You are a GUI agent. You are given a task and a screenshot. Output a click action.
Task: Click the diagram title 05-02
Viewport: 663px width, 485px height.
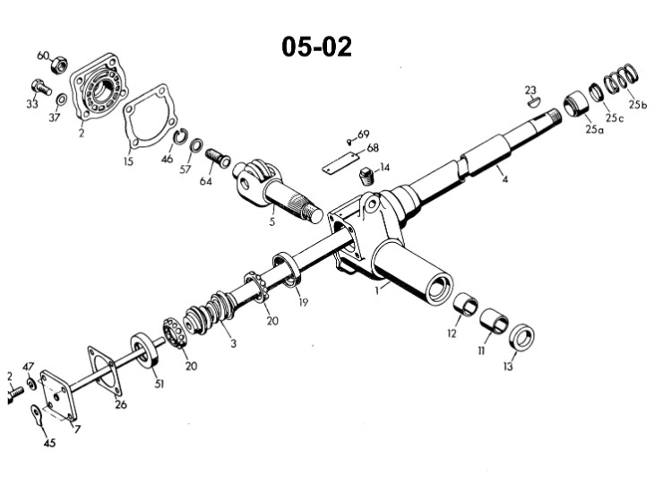coord(316,47)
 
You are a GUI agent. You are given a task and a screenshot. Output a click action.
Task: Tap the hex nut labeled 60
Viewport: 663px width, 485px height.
coord(59,65)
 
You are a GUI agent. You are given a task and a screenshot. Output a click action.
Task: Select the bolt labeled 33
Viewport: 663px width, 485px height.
coord(41,87)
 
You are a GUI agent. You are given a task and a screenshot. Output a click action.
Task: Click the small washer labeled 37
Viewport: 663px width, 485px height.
coord(61,100)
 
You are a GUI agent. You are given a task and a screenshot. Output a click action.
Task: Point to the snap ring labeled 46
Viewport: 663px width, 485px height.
coord(179,136)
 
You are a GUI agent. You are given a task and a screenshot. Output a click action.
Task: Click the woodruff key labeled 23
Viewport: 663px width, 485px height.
coord(534,101)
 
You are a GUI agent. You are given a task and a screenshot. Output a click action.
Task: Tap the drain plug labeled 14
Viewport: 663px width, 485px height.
coord(367,176)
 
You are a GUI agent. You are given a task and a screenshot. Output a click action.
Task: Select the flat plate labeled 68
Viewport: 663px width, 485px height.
coord(340,163)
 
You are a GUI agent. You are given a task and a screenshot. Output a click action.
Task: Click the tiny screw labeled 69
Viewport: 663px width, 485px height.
coord(349,142)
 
